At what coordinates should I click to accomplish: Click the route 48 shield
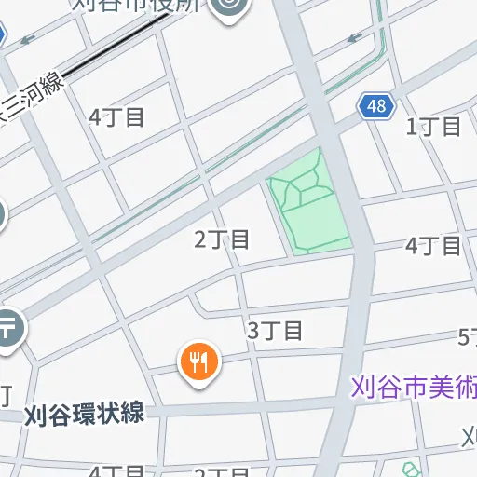click(375, 106)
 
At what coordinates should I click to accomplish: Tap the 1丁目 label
click(434, 127)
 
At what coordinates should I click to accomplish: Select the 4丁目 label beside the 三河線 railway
click(116, 117)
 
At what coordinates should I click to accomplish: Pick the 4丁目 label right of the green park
click(434, 246)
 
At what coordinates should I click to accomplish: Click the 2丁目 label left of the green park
click(223, 239)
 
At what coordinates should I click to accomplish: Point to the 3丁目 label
click(275, 330)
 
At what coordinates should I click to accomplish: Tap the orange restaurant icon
click(198, 361)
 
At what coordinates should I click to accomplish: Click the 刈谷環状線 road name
click(85, 414)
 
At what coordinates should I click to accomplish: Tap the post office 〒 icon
click(8, 329)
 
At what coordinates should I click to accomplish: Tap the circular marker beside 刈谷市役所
click(228, 8)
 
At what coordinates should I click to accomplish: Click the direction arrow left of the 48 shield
click(354, 38)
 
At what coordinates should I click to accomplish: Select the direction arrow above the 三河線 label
click(27, 40)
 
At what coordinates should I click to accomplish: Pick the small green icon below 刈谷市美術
click(410, 470)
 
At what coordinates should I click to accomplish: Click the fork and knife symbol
click(198, 360)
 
